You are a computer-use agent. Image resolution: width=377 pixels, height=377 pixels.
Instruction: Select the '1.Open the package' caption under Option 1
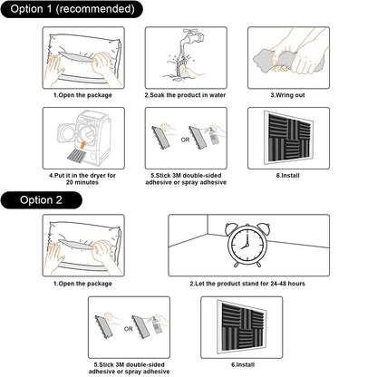click(82, 94)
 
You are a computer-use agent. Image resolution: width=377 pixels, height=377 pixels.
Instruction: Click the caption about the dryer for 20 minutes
click(82, 177)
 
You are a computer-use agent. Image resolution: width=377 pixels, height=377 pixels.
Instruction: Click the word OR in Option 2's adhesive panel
click(129, 328)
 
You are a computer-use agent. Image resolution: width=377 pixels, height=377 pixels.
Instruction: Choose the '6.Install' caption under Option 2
click(241, 364)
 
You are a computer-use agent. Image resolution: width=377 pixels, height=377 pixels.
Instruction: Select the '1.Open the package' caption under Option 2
click(82, 285)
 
